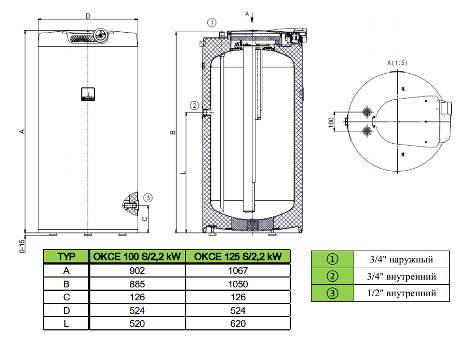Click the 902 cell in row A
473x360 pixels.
tap(137, 271)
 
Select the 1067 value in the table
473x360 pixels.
tap(237, 271)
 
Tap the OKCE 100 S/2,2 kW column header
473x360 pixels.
tap(137, 257)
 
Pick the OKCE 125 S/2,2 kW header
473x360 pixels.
tap(237, 257)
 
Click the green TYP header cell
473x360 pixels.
tap(66, 257)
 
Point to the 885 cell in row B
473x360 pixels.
tap(137, 284)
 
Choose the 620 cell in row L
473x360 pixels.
tap(237, 324)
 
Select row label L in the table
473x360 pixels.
tap(66, 324)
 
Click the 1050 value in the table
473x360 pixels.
tap(237, 284)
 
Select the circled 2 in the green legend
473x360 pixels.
tap(332, 276)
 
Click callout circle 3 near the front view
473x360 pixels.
tap(148, 198)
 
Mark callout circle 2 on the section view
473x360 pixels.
tap(194, 105)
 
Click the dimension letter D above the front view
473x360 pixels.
tap(88, 16)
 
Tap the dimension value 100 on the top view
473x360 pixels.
tap(330, 122)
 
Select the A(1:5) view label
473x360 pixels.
tap(398, 62)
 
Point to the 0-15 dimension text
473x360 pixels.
tap(22, 245)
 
